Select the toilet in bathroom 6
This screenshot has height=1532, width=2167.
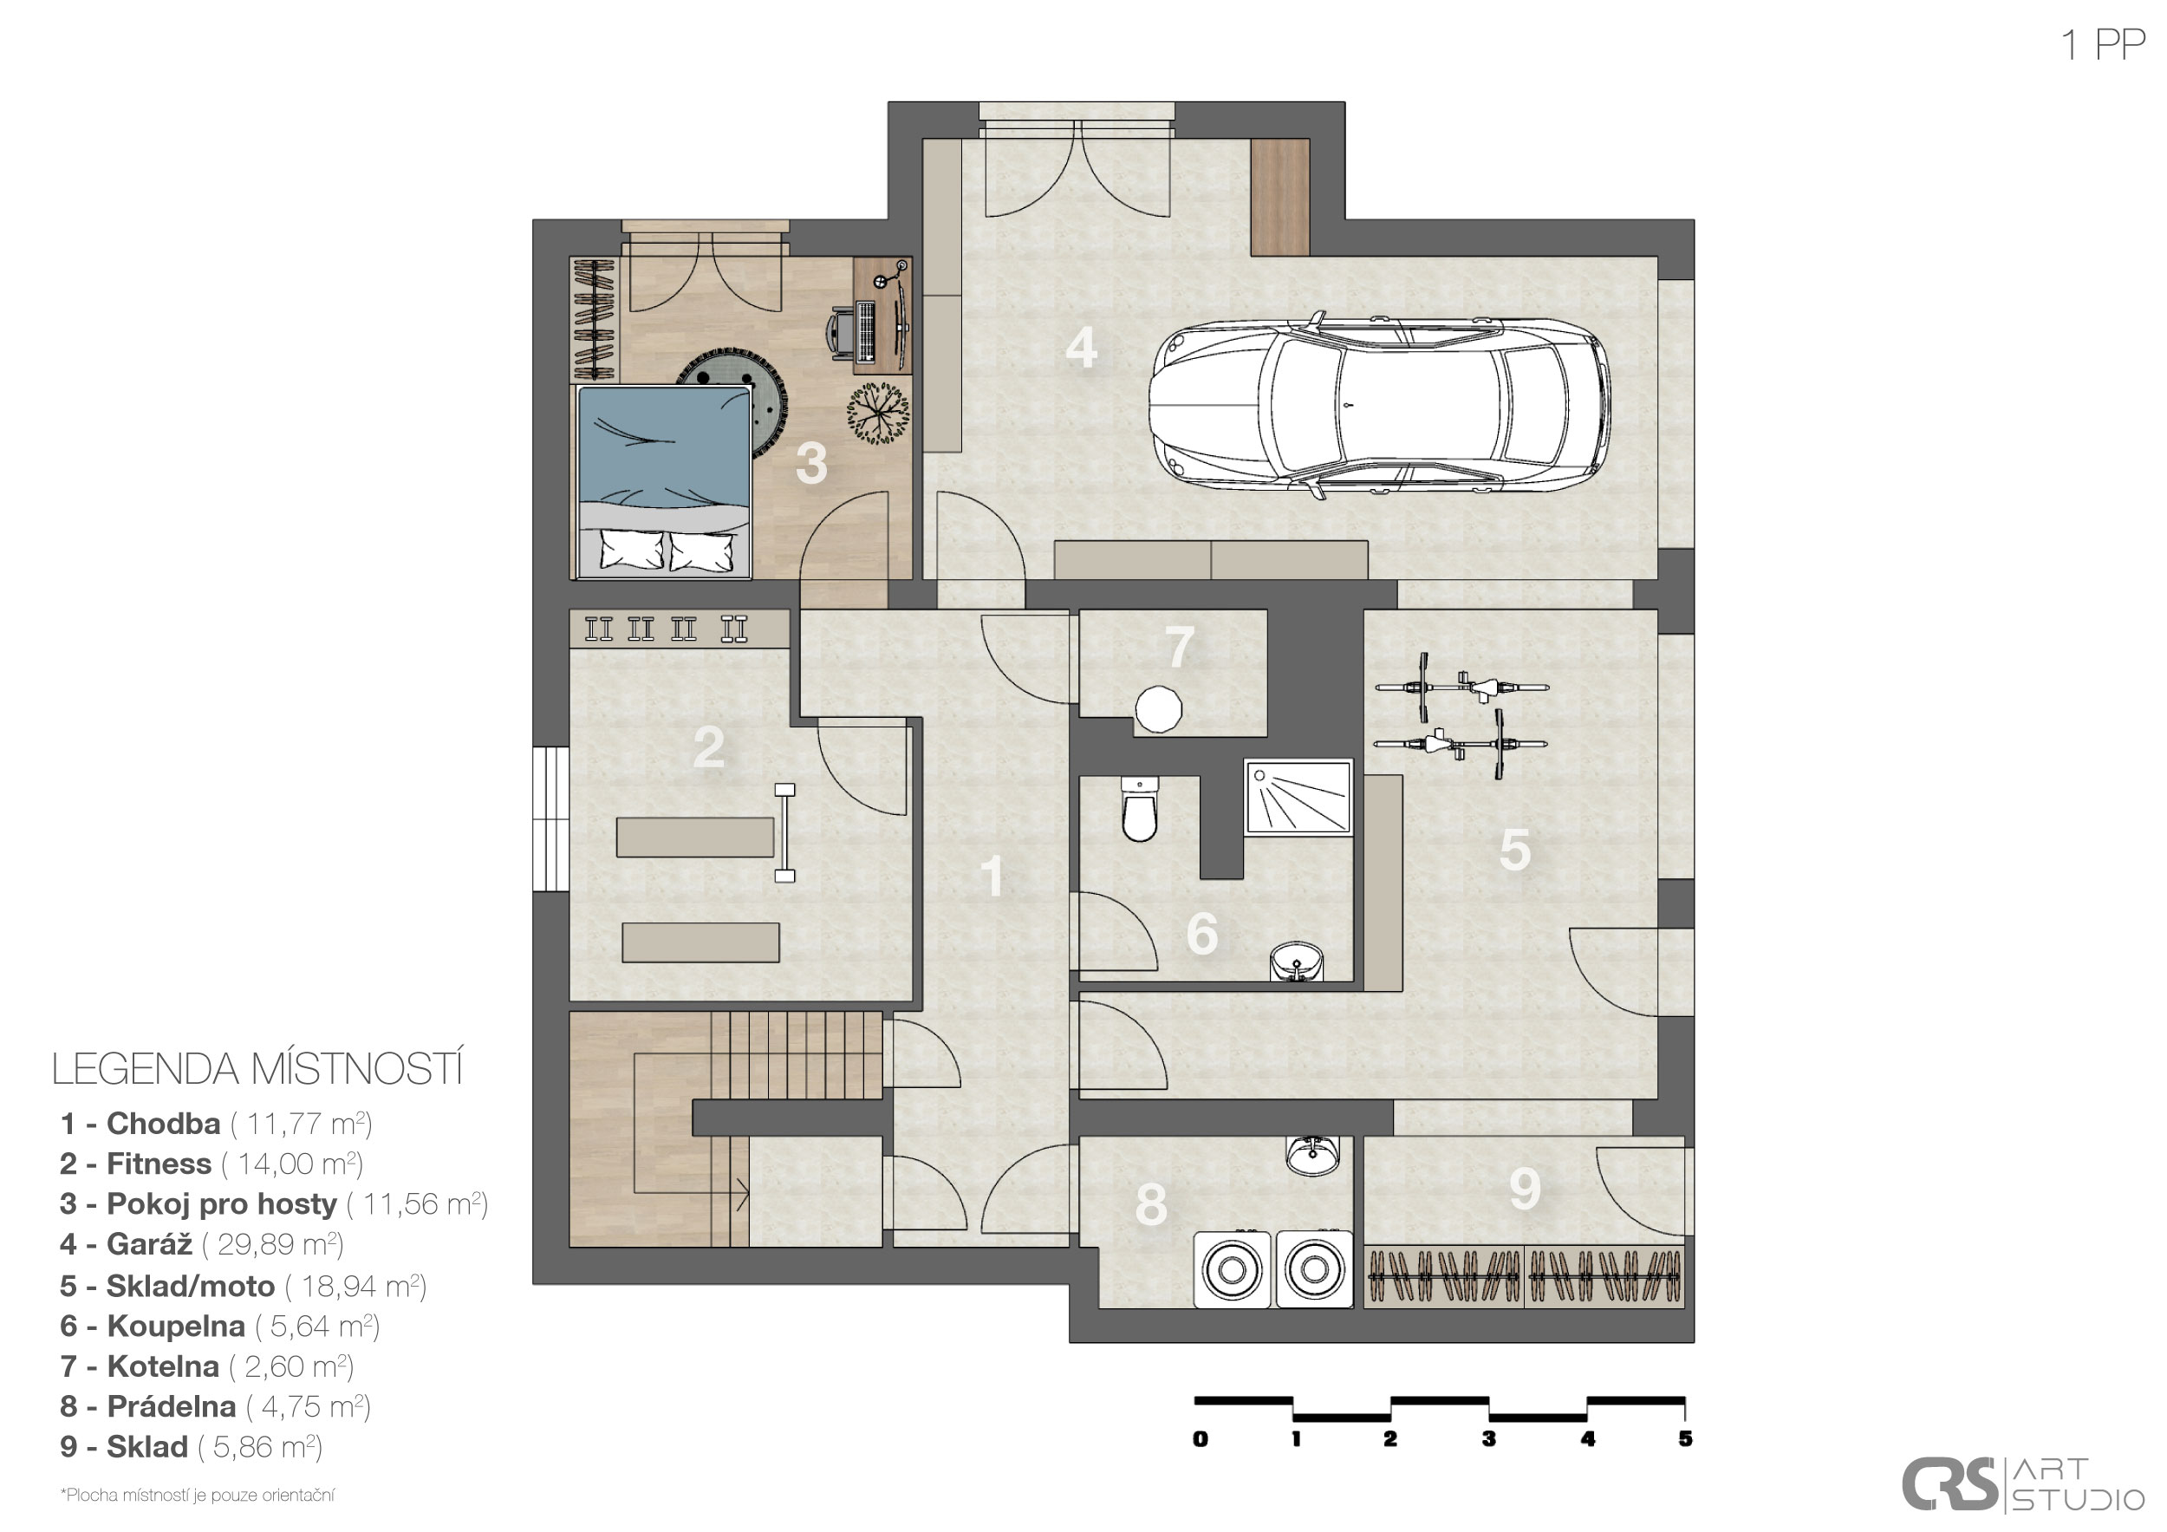(1139, 808)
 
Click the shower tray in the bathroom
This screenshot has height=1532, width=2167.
(1298, 797)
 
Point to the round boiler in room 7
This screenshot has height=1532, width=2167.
(1158, 709)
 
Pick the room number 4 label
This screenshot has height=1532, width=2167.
(1081, 348)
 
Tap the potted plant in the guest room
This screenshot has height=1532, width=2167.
(878, 413)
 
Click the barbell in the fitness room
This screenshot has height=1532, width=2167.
(784, 832)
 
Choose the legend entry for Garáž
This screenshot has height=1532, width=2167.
(201, 1244)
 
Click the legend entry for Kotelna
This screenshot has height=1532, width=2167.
(206, 1366)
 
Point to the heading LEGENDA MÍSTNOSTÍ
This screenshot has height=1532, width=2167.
(257, 1068)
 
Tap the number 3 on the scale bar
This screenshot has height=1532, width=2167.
(1488, 1438)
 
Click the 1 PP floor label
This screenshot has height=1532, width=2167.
(2103, 44)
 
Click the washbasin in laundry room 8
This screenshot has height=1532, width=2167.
(1312, 1156)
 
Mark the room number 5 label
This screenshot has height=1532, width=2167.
(1515, 850)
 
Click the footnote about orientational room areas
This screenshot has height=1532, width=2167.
(198, 1496)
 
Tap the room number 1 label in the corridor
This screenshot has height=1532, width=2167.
(992, 876)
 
